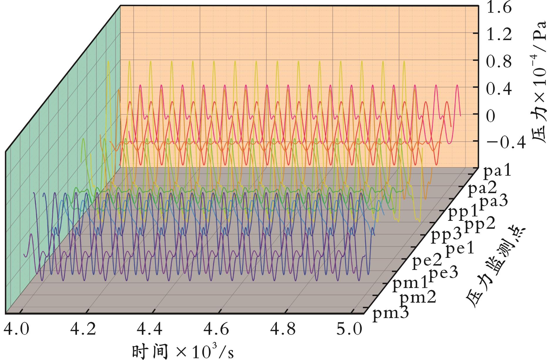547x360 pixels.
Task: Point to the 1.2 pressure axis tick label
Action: [499, 35]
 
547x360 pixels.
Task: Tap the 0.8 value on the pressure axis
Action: [499, 62]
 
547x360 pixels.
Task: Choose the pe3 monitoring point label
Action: [444, 273]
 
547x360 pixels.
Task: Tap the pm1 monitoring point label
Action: [410, 283]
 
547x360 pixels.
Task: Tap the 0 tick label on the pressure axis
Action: [491, 117]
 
